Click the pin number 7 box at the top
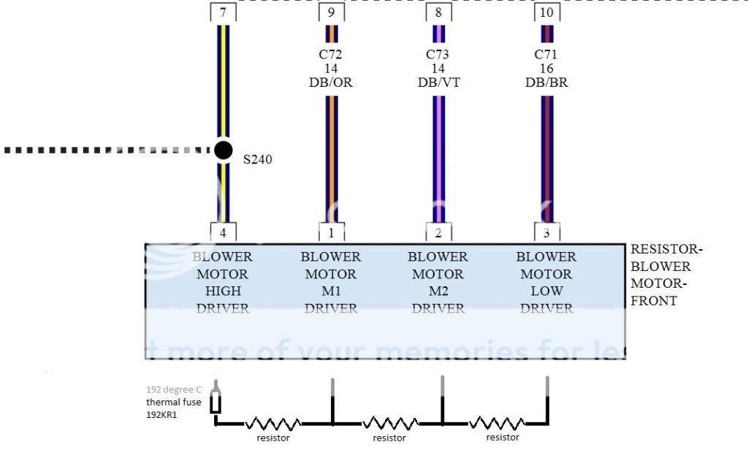pyautogui.click(x=223, y=12)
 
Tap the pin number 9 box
pyautogui.click(x=332, y=12)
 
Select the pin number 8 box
pyautogui.click(x=438, y=12)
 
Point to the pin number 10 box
pyautogui.click(x=546, y=12)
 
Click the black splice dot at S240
pyautogui.click(x=224, y=150)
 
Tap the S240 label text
pyautogui.click(x=257, y=159)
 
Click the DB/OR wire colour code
pyautogui.click(x=331, y=83)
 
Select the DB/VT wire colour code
pyautogui.click(x=438, y=83)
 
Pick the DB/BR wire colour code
pyautogui.click(x=546, y=83)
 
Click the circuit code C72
pyautogui.click(x=331, y=54)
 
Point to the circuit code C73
pyautogui.click(x=438, y=54)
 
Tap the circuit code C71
pyautogui.click(x=546, y=54)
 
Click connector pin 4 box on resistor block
pyautogui.click(x=223, y=233)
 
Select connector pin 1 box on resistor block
pyautogui.click(x=332, y=233)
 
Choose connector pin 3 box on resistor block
pyautogui.click(x=546, y=233)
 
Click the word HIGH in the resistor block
pyautogui.click(x=223, y=291)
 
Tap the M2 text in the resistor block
pyautogui.click(x=438, y=291)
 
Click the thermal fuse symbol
pyautogui.click(x=216, y=401)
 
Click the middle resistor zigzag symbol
pyautogui.click(x=389, y=423)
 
